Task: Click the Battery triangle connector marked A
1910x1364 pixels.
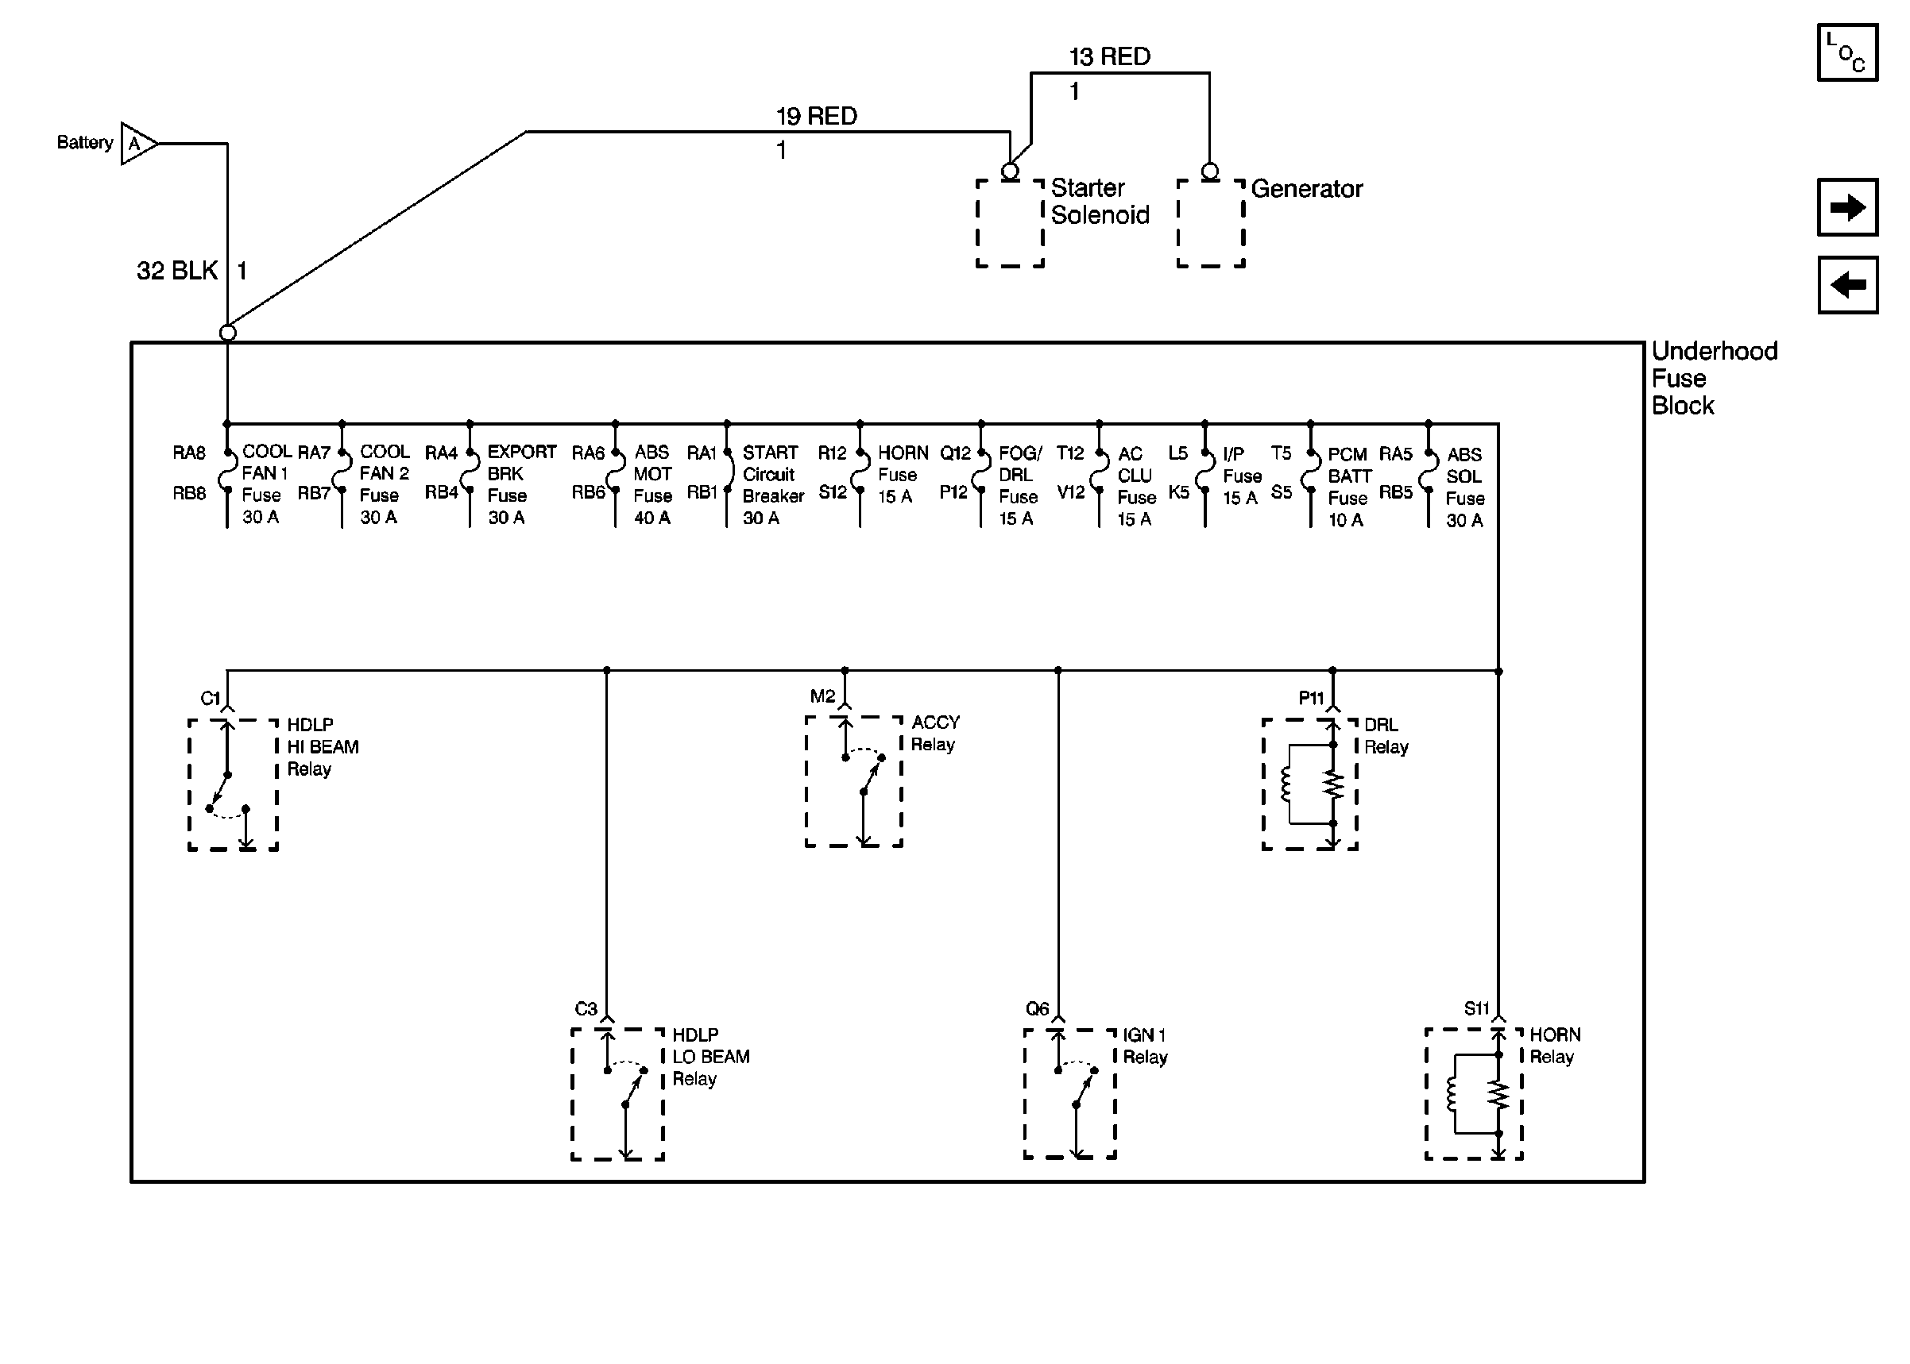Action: tap(137, 144)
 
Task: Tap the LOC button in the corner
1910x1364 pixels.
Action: tap(1846, 53)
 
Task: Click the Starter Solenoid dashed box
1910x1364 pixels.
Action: tap(1009, 223)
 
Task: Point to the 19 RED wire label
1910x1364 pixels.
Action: tap(815, 116)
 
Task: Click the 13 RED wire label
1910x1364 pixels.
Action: tap(1108, 56)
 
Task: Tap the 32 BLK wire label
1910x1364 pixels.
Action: tap(176, 271)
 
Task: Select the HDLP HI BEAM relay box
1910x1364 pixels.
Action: tap(233, 784)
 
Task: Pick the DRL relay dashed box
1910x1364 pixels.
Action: tap(1309, 784)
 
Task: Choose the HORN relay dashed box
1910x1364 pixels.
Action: tap(1473, 1093)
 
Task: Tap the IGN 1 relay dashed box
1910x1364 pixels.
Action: tap(1069, 1093)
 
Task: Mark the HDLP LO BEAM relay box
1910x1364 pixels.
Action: tap(617, 1093)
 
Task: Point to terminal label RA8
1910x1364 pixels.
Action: tap(189, 453)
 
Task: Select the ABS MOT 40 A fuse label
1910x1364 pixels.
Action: tap(652, 484)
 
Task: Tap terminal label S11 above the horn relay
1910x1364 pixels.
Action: tap(1475, 1008)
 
